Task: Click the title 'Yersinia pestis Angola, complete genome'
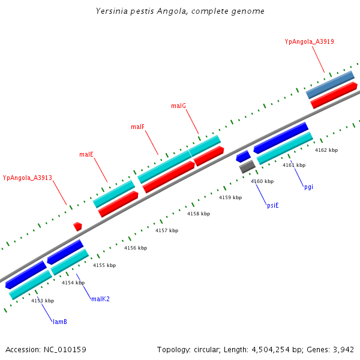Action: [x=180, y=11]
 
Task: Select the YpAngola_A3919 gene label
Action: [x=309, y=42]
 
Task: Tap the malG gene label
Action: [x=178, y=106]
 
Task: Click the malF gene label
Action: [x=137, y=127]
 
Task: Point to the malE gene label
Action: [x=86, y=155]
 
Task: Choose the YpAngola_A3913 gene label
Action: [x=28, y=178]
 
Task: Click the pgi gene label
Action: [x=308, y=187]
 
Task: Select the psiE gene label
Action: [x=272, y=205]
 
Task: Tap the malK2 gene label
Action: [x=100, y=299]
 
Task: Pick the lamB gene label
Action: [x=59, y=322]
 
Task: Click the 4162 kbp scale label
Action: [x=326, y=150]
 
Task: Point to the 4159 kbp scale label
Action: [x=230, y=197]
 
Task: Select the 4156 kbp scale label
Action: [x=136, y=248]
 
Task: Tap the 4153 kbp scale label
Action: [x=43, y=301]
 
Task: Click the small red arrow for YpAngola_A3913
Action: [x=77, y=226]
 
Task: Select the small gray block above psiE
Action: [x=247, y=167]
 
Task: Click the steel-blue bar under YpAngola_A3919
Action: [x=330, y=85]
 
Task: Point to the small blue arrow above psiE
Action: [x=243, y=157]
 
